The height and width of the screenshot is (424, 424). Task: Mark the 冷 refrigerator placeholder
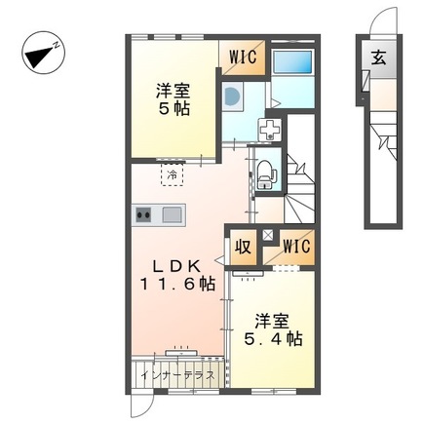(x=173, y=176)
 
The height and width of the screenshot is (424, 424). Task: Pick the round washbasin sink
(x=230, y=96)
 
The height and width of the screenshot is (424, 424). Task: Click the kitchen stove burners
(x=143, y=214)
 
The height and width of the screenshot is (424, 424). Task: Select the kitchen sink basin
(x=172, y=214)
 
